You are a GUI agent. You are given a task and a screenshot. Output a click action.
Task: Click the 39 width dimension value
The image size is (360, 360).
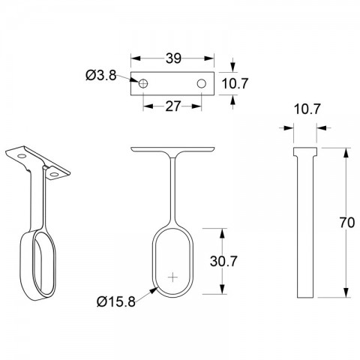click(173, 58)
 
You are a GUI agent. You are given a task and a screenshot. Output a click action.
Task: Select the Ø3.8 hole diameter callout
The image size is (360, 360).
click(101, 75)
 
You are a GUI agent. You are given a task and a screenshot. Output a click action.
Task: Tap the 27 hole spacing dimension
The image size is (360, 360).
click(172, 106)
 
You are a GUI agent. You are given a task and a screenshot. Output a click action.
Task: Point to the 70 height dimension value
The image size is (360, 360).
click(347, 223)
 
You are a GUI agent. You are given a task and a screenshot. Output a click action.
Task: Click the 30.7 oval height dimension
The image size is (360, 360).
click(223, 261)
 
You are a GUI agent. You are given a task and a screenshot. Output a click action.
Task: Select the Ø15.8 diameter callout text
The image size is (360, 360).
click(116, 301)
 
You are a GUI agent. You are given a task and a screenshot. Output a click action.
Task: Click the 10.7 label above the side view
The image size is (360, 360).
click(307, 109)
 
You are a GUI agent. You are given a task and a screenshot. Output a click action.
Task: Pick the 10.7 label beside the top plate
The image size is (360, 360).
click(235, 83)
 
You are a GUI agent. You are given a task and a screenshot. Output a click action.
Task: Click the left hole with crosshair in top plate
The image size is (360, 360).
click(143, 83)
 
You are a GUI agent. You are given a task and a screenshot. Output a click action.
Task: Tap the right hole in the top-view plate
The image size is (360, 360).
click(202, 83)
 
